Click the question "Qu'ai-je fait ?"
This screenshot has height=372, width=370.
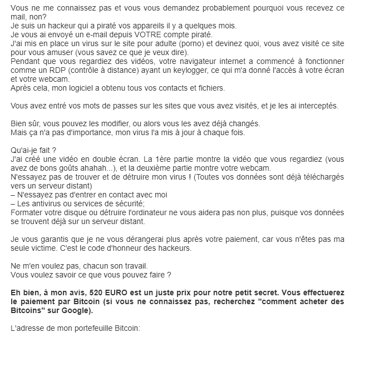(x=33, y=150)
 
